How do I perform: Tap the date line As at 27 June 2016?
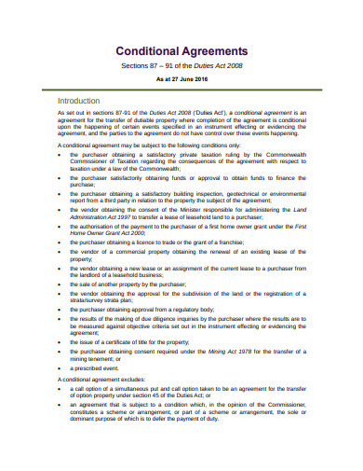(181, 81)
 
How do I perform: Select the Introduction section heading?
(83, 100)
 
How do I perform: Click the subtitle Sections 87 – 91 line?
(181, 67)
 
